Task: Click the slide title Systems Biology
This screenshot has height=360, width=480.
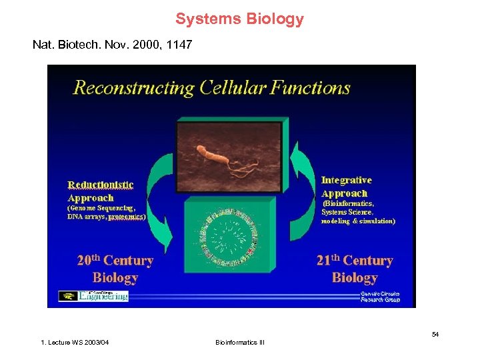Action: (239, 19)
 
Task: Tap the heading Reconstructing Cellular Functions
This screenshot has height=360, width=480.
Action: (211, 88)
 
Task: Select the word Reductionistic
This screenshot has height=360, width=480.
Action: (101, 185)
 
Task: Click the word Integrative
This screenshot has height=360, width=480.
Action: (346, 180)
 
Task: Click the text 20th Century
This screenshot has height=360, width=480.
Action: (115, 261)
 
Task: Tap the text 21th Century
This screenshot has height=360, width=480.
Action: (354, 261)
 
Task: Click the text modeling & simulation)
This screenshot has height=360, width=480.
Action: (358, 221)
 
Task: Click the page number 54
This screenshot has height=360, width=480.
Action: (435, 334)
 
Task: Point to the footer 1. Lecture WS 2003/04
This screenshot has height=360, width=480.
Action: (75, 343)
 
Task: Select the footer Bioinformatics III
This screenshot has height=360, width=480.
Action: (240, 343)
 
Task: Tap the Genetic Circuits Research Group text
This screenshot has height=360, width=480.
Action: (380, 296)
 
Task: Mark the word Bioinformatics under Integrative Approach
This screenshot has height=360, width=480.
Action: (348, 203)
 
